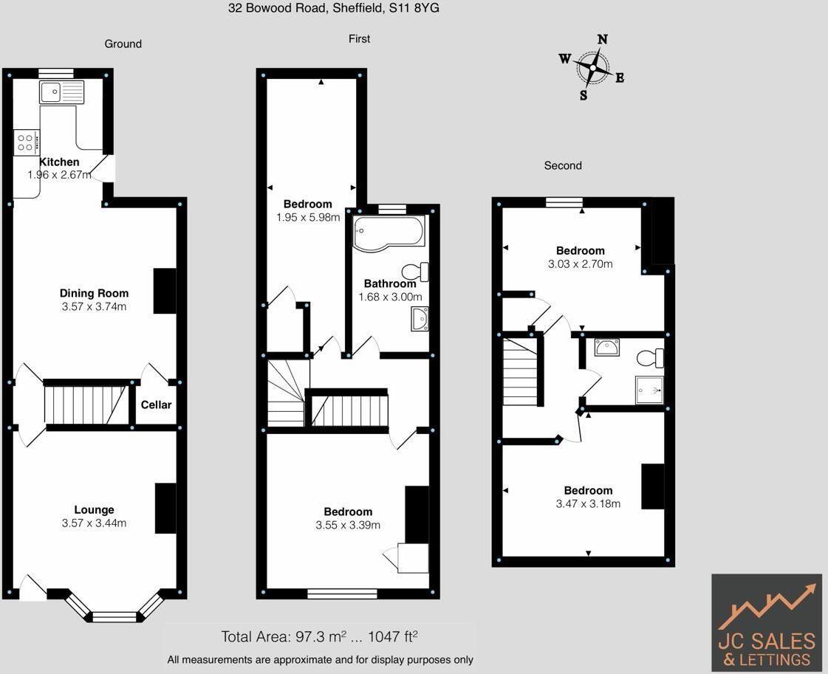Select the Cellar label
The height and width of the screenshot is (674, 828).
pyautogui.click(x=156, y=405)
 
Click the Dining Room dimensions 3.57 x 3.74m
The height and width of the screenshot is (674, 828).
pyautogui.click(x=94, y=306)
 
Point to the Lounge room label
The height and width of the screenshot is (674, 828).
pyautogui.click(x=94, y=509)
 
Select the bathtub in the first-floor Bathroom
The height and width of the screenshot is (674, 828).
pyautogui.click(x=389, y=233)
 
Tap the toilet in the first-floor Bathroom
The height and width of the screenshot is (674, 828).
pyautogui.click(x=417, y=271)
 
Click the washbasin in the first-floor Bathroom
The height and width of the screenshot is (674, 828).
pyautogui.click(x=419, y=318)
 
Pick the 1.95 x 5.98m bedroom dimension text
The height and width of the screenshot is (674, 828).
pyautogui.click(x=308, y=217)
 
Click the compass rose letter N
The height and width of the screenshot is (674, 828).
pyautogui.click(x=602, y=40)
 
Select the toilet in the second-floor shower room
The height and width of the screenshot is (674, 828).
pyautogui.click(x=651, y=358)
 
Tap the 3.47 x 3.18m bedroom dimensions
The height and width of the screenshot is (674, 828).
pyautogui.click(x=588, y=503)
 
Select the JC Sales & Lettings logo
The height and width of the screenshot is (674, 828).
pyautogui.click(x=767, y=622)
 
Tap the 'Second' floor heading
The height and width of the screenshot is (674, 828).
pyautogui.click(x=563, y=165)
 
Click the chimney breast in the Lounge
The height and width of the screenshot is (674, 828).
pyautogui.click(x=165, y=508)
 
